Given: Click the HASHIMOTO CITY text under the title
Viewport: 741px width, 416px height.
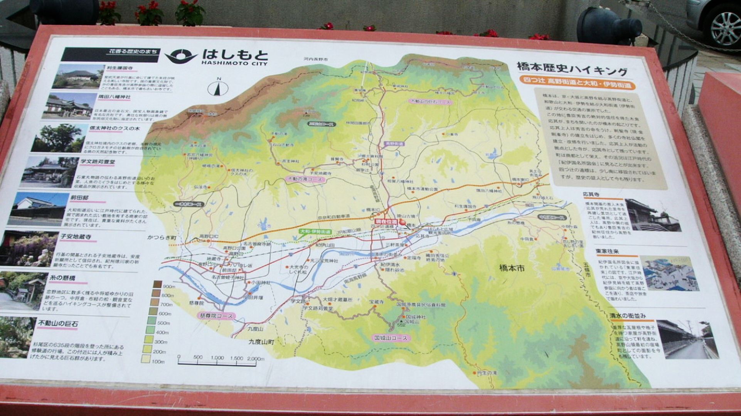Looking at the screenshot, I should click(234, 63).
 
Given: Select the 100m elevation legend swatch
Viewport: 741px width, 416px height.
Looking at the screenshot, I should click(146, 360).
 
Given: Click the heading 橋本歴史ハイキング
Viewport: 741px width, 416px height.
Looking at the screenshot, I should click(572, 69).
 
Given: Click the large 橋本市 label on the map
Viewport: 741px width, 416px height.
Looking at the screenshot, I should click(512, 268).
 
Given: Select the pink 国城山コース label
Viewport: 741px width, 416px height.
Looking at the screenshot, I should click(391, 338).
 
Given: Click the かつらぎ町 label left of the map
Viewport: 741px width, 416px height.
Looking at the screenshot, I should click(162, 238).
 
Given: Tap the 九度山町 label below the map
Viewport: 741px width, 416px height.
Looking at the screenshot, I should click(261, 341).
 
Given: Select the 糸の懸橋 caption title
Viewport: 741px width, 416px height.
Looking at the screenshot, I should click(62, 278).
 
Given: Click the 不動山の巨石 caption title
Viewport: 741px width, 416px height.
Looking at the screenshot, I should click(58, 324).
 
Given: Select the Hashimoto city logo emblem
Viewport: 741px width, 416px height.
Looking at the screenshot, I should click(181, 57).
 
